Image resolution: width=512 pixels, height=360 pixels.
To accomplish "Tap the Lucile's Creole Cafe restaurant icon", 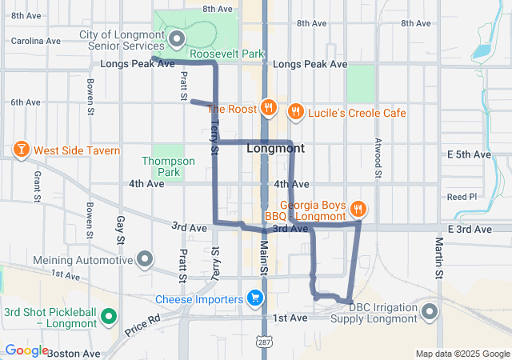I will pyautogui.click(x=295, y=111).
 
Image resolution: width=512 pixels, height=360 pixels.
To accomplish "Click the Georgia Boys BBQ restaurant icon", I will pyautogui.click(x=358, y=210).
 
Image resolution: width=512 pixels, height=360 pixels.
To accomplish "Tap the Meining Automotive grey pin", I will pyautogui.click(x=145, y=259).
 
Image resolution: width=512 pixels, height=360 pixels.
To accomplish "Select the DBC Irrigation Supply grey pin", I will pyautogui.click(x=431, y=311).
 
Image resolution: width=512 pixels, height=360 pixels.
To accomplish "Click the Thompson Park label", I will pyautogui.click(x=168, y=166).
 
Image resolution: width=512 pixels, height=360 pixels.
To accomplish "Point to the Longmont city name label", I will pyautogui.click(x=275, y=149).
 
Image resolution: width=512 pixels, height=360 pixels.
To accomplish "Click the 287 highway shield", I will pyautogui.click(x=262, y=342).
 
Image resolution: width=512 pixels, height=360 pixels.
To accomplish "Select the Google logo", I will pyautogui.click(x=26, y=350).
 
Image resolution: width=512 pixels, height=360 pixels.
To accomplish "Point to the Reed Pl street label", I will pyautogui.click(x=462, y=196).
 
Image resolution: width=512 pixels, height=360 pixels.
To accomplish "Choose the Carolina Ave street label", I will pyautogui.click(x=35, y=40).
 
